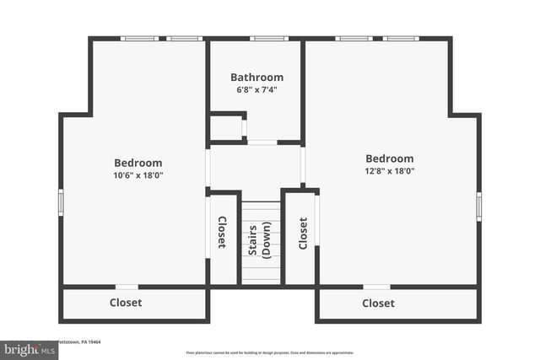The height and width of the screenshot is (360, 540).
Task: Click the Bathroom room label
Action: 256,78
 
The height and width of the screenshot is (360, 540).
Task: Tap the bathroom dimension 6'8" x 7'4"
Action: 256,89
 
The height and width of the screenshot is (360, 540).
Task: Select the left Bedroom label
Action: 138,163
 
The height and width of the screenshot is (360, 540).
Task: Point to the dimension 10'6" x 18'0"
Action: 138,175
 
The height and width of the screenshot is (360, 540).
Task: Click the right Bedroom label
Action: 389,159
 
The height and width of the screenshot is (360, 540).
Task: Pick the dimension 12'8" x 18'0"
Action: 389,171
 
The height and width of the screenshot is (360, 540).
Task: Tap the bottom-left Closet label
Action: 126,303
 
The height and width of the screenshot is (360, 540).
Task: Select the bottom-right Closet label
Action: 378,304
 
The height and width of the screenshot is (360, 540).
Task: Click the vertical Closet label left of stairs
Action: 222,232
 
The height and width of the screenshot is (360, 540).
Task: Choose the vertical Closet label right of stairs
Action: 302,232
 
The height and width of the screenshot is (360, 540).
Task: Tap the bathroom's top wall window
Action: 268,38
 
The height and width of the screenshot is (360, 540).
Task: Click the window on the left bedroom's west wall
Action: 61,202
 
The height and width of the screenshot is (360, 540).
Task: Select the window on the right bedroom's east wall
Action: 478,206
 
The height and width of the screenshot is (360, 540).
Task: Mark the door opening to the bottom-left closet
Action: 127,287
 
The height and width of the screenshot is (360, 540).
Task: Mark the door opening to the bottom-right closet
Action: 376,287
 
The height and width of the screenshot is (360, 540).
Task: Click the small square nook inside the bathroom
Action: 226,128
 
